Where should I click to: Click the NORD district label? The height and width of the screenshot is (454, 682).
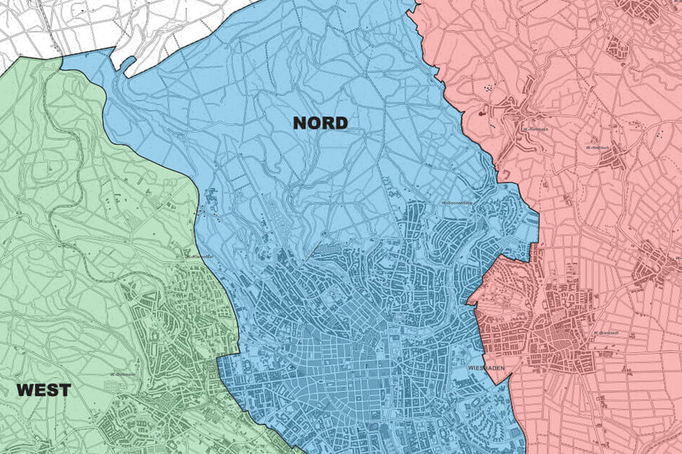(320, 123)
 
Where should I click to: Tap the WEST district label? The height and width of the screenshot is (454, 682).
(44, 391)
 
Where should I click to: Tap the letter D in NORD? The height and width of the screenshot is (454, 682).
(340, 123)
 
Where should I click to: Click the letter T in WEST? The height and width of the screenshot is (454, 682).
(64, 391)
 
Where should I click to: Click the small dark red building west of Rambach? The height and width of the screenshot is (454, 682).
(481, 113)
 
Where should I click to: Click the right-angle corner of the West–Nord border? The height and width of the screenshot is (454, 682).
(218, 357)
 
